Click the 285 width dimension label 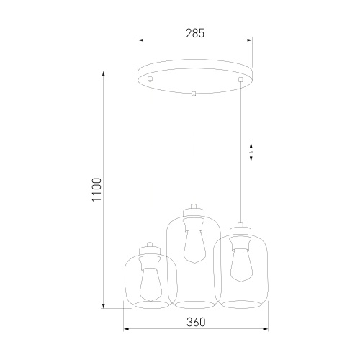[194, 32]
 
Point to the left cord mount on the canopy [150, 78]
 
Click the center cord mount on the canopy [194, 93]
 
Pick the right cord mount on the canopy [240, 78]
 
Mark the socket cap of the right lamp [239, 232]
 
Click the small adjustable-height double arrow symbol [251, 153]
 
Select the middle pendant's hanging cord [194, 151]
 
